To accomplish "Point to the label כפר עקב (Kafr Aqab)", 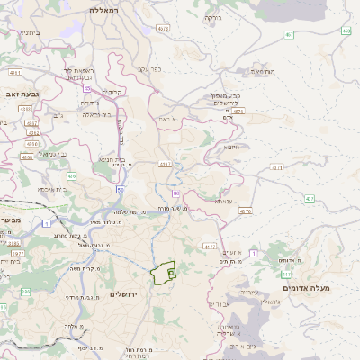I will coord(148,68).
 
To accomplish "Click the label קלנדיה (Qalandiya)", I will coord(112,91).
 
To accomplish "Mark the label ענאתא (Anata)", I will coord(223,201).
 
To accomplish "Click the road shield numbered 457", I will coord(289,34).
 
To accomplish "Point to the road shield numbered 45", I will coord(120,190).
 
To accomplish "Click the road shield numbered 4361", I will coord(164,165).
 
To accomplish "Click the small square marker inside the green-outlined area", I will coord(171,272).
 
